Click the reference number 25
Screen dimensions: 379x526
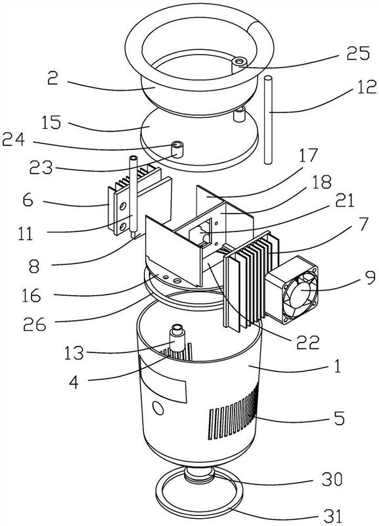(x=358, y=53)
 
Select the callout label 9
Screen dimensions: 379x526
(x=370, y=277)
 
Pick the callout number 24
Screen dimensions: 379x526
(x=13, y=139)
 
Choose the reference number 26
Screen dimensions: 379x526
(x=34, y=324)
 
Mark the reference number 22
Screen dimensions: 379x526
(x=307, y=342)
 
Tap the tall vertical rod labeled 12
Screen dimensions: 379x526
(x=268, y=120)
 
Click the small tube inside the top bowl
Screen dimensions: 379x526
(x=239, y=66)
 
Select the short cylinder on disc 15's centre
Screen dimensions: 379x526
(x=178, y=150)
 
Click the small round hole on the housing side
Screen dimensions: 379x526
(x=158, y=408)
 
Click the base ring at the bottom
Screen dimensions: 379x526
(x=199, y=498)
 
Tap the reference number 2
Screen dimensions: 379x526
(x=53, y=78)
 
